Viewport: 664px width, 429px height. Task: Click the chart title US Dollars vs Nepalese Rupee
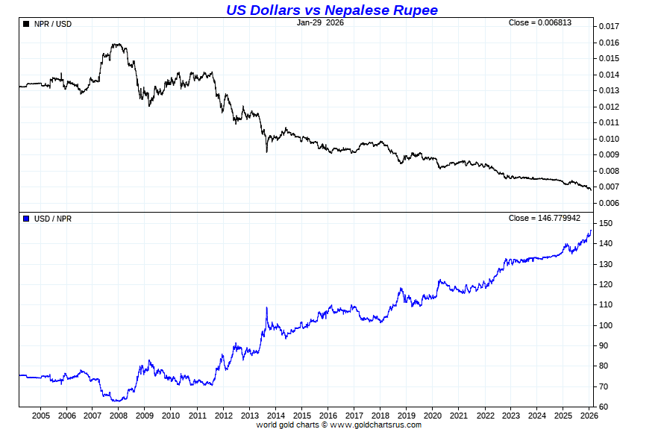coord(332,10)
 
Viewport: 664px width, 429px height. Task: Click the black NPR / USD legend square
coord(27,24)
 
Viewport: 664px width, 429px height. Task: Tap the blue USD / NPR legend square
coord(27,219)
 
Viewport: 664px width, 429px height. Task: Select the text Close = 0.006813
coord(540,22)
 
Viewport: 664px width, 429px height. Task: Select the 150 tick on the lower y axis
coord(605,224)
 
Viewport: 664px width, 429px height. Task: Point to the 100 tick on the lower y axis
coord(605,325)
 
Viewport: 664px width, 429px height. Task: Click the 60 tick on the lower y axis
coord(603,407)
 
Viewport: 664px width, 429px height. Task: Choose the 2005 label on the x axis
coord(40,416)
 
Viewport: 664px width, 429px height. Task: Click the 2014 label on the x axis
coord(275,416)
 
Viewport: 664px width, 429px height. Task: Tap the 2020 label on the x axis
coord(433,416)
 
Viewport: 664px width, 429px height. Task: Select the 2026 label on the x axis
coord(589,416)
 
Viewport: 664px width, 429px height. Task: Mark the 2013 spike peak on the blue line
coord(266,307)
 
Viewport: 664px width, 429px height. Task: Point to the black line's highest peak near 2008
coord(116,44)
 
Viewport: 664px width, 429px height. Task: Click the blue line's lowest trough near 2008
coord(116,401)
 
